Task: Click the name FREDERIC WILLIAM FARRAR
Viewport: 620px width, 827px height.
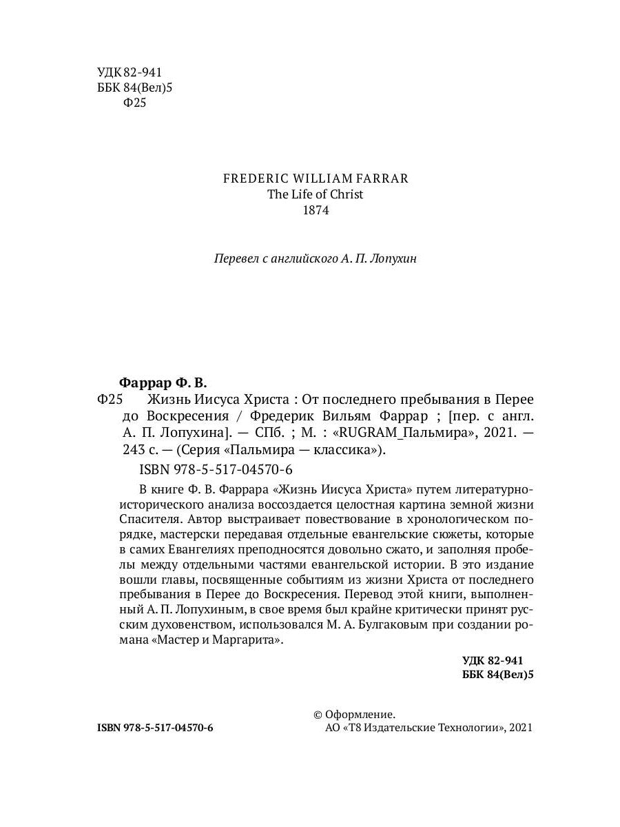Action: pyautogui.click(x=316, y=178)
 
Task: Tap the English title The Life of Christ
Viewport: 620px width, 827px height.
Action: pyautogui.click(x=316, y=194)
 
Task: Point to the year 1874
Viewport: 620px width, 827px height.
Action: pyautogui.click(x=316, y=211)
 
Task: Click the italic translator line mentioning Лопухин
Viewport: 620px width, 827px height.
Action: pyautogui.click(x=316, y=259)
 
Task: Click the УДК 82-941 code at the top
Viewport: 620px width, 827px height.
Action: pyautogui.click(x=125, y=72)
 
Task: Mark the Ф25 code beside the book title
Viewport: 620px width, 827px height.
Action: pyautogui.click(x=111, y=400)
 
